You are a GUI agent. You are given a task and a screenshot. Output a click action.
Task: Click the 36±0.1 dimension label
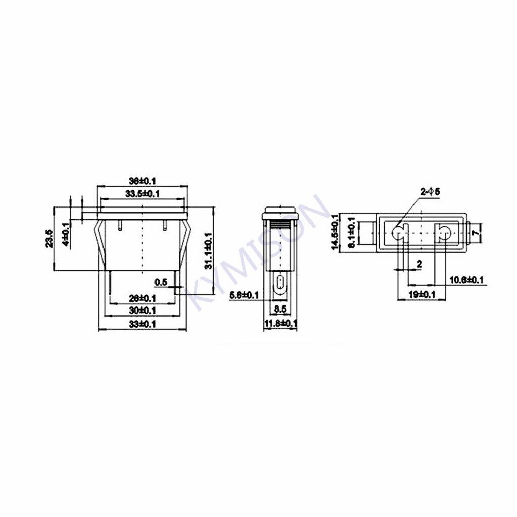pos(142,181)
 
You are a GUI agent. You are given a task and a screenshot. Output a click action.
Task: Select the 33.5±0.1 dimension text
pos(142,193)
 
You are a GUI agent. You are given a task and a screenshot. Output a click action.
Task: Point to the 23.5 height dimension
pos(49,238)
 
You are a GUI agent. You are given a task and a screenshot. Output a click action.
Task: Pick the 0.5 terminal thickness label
pos(161,282)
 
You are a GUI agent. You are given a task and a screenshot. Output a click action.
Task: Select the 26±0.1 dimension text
pos(142,298)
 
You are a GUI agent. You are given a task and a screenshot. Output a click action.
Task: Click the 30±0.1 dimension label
pos(142,309)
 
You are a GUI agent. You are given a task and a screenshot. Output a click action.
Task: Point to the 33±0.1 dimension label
pos(142,323)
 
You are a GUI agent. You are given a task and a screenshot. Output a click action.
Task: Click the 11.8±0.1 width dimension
pos(280,323)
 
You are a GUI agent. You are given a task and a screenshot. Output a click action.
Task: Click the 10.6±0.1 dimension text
pos(467,279)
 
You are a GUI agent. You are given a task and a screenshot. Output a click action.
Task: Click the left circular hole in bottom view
pos(399,233)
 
